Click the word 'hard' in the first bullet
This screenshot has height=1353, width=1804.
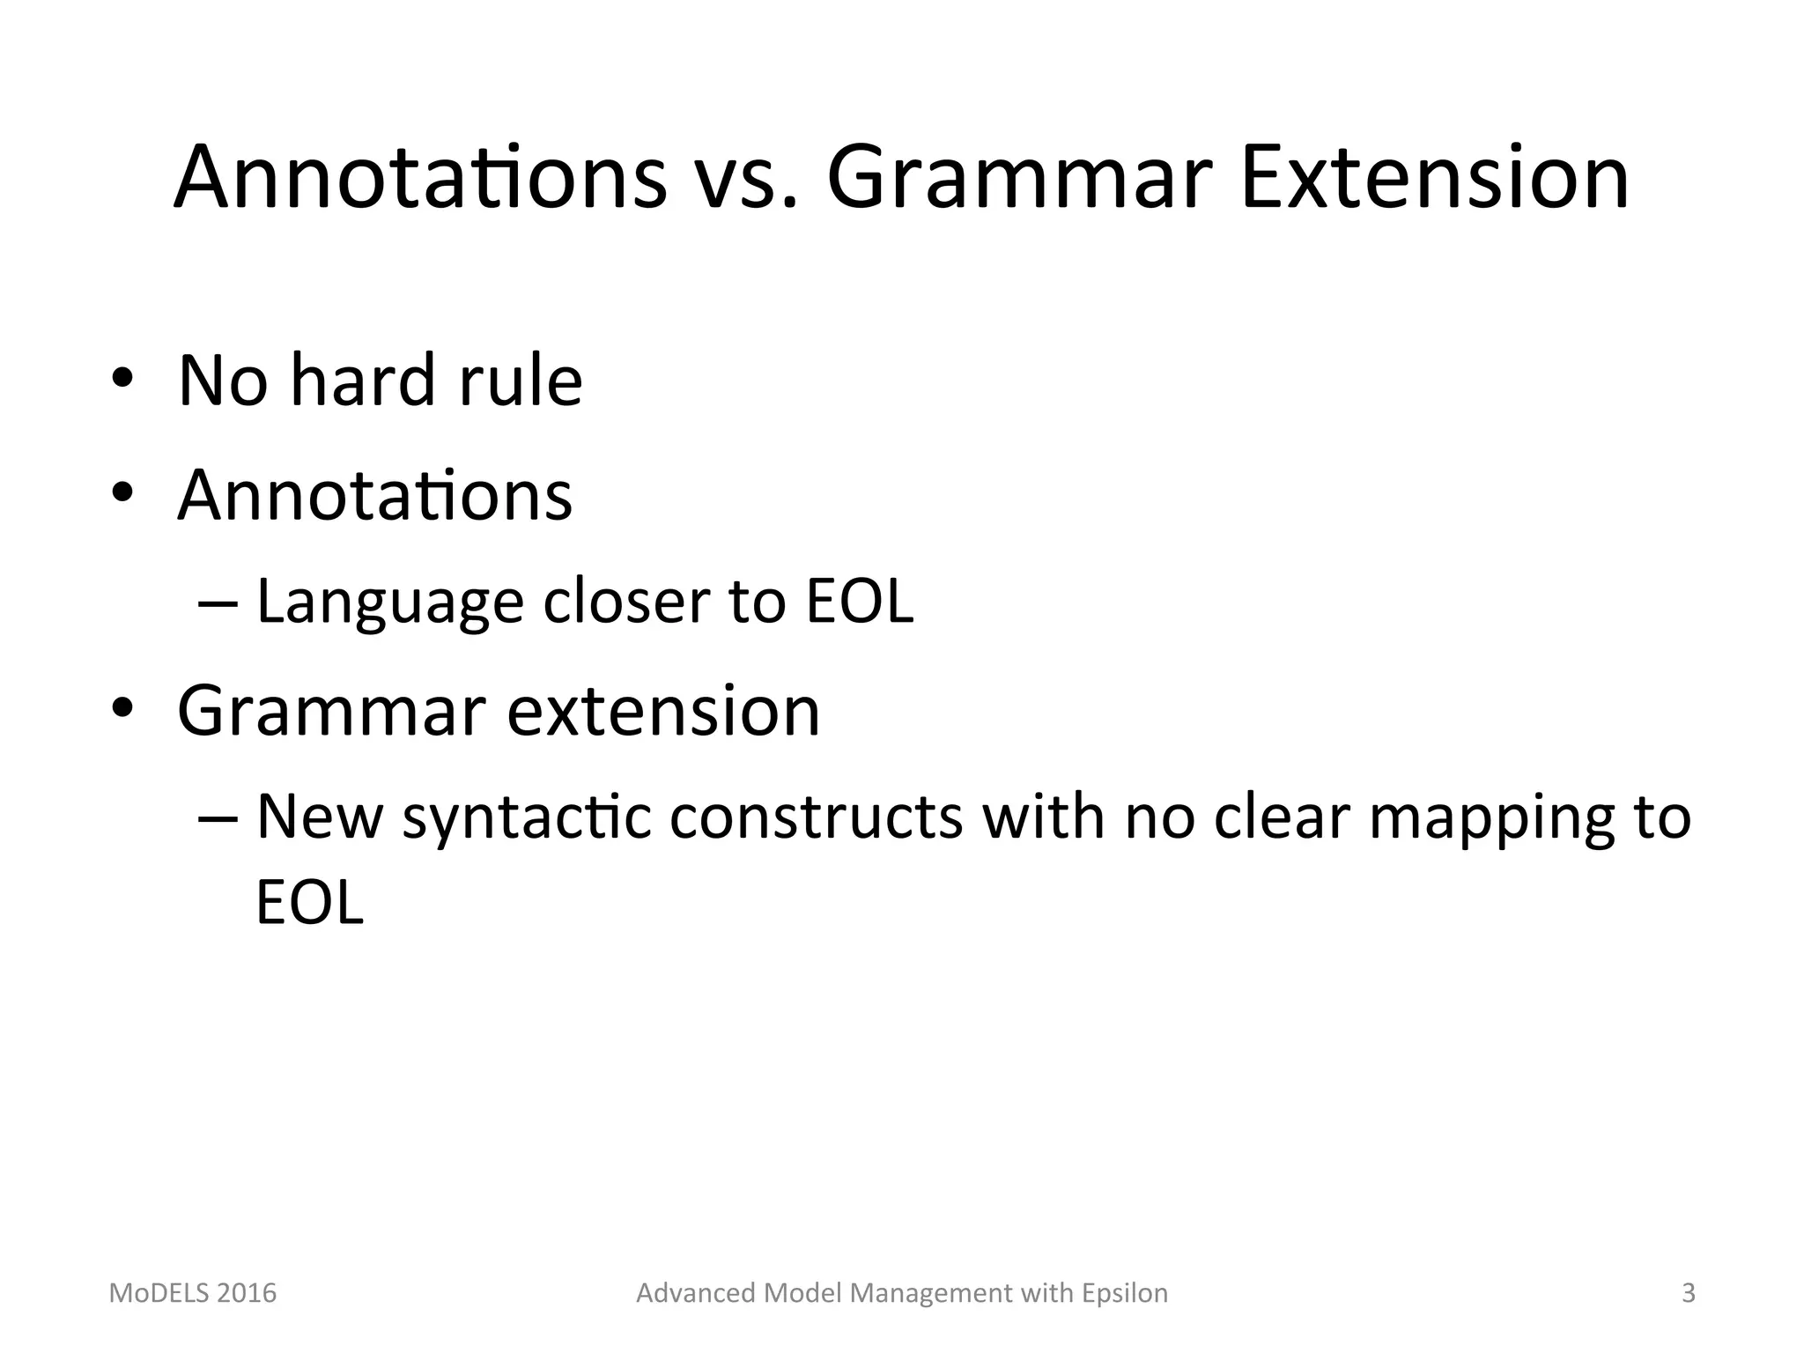[x=363, y=381]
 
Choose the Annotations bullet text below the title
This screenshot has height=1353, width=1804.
[x=374, y=495]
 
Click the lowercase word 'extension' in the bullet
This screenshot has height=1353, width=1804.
[x=663, y=711]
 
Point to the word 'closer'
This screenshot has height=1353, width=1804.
[x=626, y=603]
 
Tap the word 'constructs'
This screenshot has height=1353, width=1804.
[x=816, y=817]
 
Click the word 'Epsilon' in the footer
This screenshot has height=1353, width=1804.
[x=1125, y=1293]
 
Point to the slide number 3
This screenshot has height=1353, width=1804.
[x=1688, y=1293]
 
